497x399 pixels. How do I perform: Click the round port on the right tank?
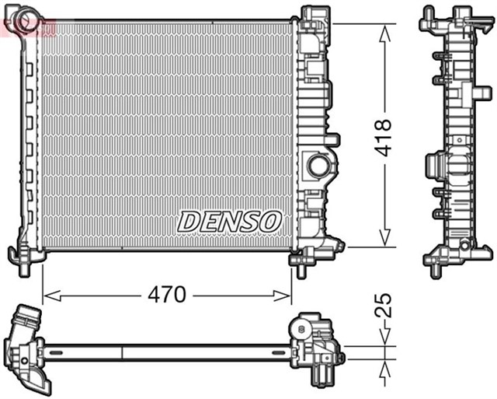[x=318, y=165]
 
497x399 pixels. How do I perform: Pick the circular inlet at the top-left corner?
[x=29, y=16]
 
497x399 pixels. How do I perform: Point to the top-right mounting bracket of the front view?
[x=315, y=17]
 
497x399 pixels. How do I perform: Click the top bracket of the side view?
[x=450, y=19]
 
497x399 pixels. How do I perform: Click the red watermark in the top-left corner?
[x=28, y=29]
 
